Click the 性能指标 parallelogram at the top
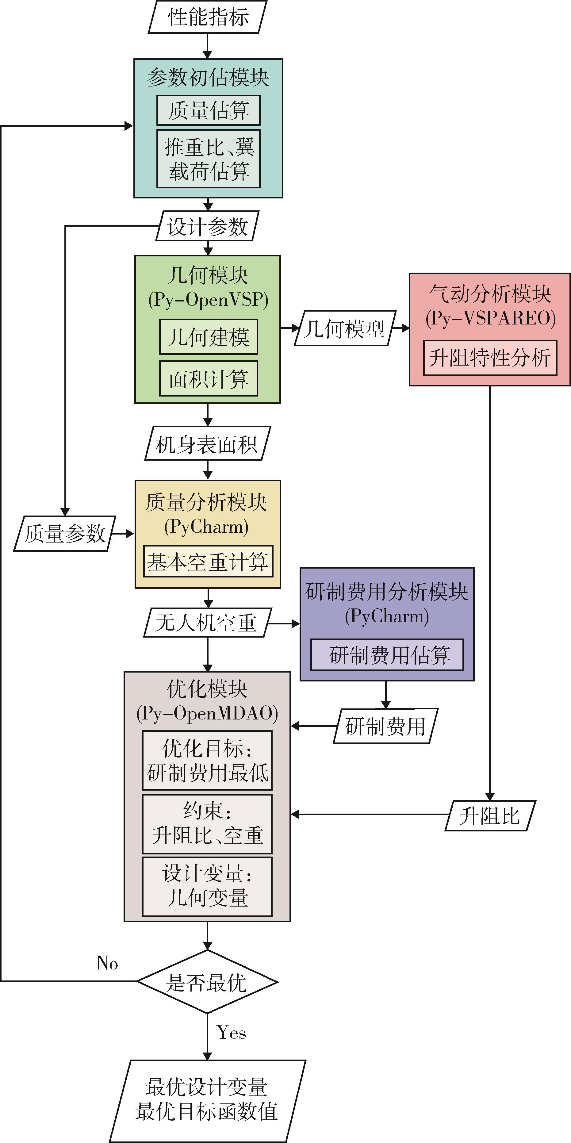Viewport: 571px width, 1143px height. [x=208, y=17]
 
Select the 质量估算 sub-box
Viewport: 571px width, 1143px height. [x=208, y=110]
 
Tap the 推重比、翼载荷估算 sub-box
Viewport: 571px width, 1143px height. [x=208, y=159]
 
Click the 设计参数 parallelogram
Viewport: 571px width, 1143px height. [x=207, y=226]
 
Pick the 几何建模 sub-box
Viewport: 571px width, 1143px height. [x=208, y=337]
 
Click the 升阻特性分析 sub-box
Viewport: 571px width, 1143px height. [x=490, y=358]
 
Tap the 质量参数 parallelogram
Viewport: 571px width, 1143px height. [x=65, y=533]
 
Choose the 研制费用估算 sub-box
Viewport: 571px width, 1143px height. [x=387, y=654]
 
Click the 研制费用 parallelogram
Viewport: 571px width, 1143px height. [x=385, y=726]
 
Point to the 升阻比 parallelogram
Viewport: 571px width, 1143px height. [x=490, y=815]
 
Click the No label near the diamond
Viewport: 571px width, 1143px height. [x=107, y=963]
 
